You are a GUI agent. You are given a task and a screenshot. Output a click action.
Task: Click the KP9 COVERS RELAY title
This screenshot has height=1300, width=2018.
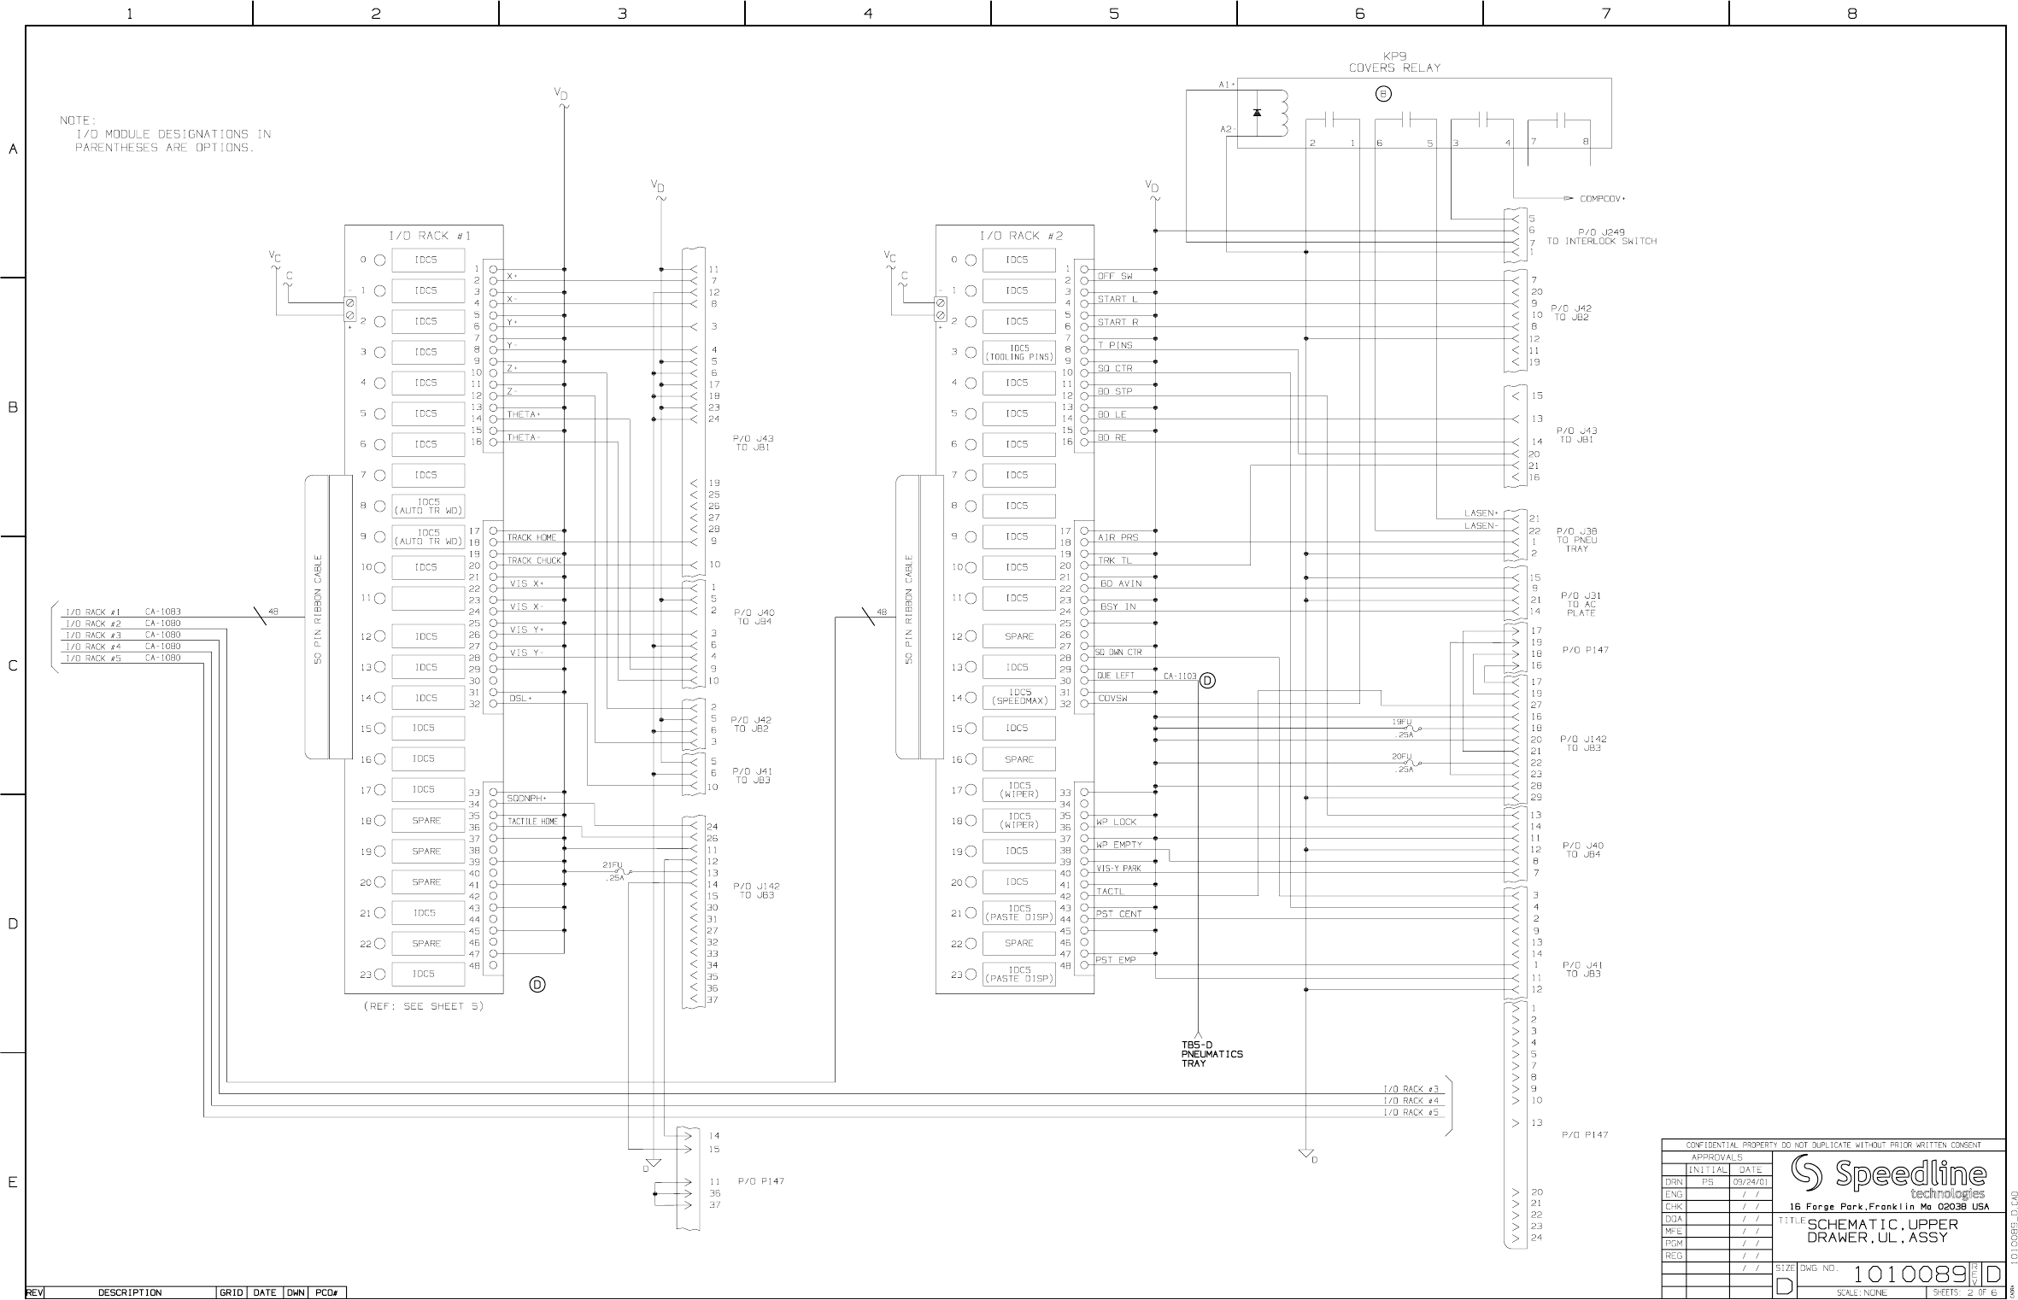pos(1394,62)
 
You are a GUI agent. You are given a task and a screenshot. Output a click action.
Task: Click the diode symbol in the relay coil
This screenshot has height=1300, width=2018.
pos(1257,113)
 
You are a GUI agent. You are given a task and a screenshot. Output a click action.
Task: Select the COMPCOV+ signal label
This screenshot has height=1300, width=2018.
pos(1602,199)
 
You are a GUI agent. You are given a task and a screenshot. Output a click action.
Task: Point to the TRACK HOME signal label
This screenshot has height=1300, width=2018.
pos(531,537)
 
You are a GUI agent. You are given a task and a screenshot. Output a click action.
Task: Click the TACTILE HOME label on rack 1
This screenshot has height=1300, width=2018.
pos(532,822)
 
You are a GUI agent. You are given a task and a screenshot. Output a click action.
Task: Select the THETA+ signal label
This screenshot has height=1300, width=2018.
pos(524,414)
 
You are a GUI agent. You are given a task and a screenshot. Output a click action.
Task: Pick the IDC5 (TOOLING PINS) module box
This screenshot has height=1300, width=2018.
pos(1019,353)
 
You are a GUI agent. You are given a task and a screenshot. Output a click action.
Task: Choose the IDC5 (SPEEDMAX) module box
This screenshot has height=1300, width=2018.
pos(1019,697)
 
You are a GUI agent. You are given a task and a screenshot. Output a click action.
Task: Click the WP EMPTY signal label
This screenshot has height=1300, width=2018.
pos(1119,845)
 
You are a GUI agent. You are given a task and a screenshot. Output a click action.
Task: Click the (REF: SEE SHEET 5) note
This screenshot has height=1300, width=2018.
pos(424,1006)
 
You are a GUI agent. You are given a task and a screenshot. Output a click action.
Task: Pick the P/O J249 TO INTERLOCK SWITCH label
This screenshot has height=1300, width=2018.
pos(1601,237)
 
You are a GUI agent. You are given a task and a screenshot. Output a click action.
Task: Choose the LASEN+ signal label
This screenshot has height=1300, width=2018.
pos(1481,513)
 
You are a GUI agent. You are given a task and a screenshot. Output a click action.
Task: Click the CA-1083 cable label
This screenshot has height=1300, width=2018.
pos(162,612)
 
